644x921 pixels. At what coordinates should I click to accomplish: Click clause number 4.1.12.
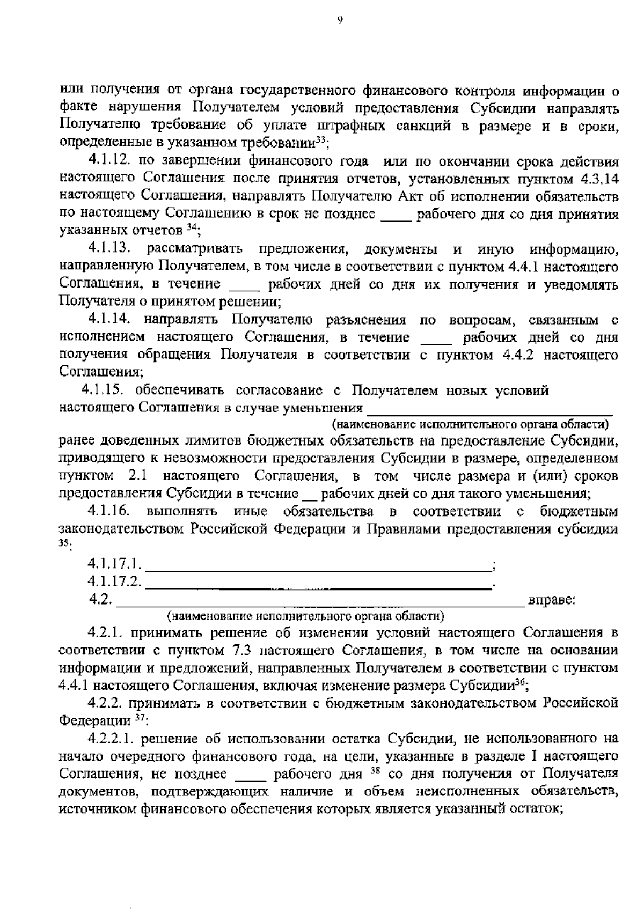pos(110,161)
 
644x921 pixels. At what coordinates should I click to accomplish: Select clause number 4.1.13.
pos(110,249)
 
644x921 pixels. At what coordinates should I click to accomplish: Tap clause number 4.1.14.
pos(110,320)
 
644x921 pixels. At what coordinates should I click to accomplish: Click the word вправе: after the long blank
pos(552,600)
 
